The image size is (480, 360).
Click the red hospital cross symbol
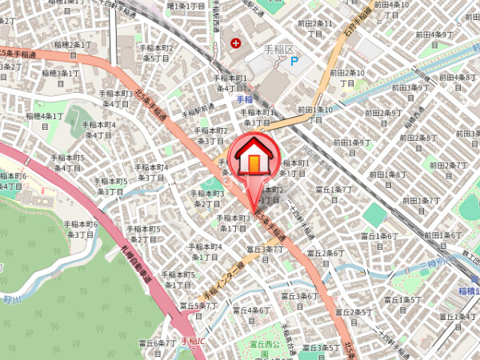pos(236,42)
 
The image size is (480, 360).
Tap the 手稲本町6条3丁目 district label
pos(80,230)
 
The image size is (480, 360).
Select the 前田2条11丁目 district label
pos(313,29)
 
